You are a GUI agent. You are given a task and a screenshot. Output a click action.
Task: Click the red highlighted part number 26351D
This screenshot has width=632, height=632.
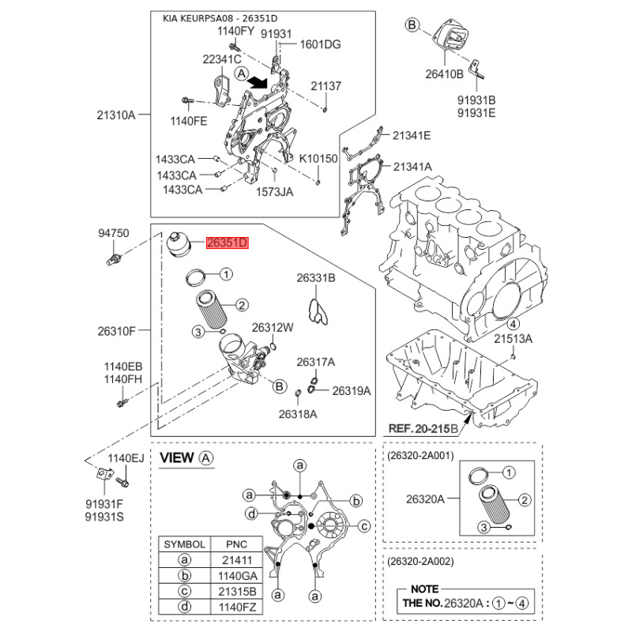click(227, 243)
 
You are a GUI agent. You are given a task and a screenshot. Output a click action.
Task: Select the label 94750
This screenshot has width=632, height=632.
click(114, 233)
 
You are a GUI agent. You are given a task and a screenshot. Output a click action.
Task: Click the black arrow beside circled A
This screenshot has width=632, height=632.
click(258, 82)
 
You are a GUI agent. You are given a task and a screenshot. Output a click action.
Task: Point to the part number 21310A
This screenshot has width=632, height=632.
click(116, 115)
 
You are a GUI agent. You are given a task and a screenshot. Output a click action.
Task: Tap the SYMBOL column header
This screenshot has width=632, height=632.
click(185, 544)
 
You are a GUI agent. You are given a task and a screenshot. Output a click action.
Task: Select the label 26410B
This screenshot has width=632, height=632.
click(444, 74)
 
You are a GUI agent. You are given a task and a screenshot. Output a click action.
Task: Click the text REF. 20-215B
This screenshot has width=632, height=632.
click(423, 428)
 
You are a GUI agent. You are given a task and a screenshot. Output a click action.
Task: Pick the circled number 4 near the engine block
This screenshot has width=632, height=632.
click(513, 323)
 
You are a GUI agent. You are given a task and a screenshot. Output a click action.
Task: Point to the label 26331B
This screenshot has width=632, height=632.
click(316, 278)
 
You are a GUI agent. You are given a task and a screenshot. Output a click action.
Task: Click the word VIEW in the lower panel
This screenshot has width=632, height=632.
click(176, 458)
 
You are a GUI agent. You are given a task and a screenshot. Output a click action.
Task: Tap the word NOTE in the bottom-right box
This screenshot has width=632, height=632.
click(425, 589)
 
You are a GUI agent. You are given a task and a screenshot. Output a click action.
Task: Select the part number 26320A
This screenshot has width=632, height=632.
click(425, 499)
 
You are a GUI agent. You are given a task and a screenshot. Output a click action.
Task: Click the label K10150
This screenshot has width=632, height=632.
click(318, 159)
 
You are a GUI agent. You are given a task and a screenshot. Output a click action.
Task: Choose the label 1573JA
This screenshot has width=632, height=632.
click(274, 192)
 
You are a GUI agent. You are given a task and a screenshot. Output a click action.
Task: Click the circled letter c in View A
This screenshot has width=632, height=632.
click(364, 526)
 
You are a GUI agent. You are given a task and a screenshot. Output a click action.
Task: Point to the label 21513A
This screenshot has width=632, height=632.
click(513, 339)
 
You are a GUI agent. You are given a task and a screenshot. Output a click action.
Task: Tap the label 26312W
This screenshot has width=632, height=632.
click(273, 328)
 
